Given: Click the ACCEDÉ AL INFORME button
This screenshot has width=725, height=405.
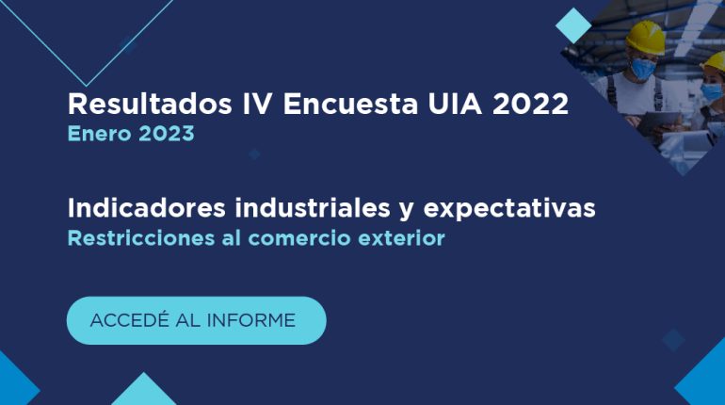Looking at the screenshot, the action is (x=197, y=320).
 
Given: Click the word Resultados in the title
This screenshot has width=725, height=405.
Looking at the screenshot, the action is (x=150, y=104).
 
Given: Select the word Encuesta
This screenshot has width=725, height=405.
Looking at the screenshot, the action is (x=350, y=104).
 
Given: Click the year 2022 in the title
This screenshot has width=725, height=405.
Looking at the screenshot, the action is (x=530, y=104).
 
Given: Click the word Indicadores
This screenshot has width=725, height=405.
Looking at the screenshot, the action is (x=147, y=208).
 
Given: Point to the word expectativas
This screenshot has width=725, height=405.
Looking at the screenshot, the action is (x=509, y=209).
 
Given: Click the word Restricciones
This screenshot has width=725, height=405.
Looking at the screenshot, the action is (x=141, y=238).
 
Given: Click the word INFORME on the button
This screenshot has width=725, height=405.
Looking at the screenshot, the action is (x=251, y=320).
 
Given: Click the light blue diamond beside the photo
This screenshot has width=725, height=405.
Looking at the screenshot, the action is (x=573, y=25).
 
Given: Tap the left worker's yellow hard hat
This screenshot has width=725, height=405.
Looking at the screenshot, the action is (x=646, y=37).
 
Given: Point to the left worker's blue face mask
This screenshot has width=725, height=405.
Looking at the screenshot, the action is (x=643, y=68).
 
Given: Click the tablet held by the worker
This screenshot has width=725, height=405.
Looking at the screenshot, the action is (x=659, y=122).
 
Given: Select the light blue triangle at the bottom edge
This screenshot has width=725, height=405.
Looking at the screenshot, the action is (x=144, y=392).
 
